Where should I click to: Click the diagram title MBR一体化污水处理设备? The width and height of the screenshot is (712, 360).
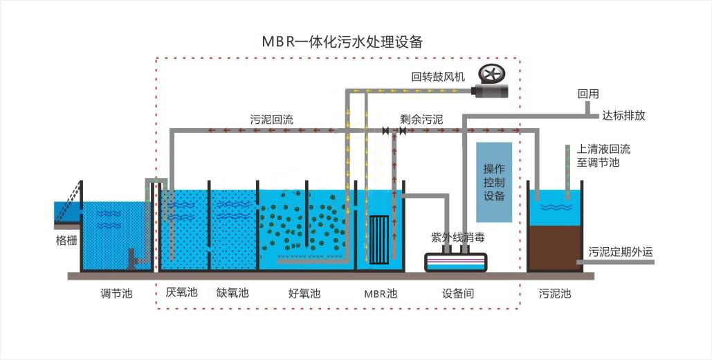point(343,42)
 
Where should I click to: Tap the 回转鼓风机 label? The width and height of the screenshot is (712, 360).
point(438,77)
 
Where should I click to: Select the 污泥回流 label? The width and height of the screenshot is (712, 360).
point(271,120)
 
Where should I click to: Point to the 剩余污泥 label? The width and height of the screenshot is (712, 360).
point(421,120)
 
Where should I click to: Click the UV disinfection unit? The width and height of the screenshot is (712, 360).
point(456,262)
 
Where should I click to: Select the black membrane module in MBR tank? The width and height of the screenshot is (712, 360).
point(378,240)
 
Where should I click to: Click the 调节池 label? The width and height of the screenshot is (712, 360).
point(116,294)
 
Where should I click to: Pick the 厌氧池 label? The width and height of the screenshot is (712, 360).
point(181,292)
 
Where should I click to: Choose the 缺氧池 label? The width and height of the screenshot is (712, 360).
point(233,292)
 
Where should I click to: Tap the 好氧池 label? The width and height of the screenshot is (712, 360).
point(304,294)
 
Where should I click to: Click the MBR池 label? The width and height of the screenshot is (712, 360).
point(381,294)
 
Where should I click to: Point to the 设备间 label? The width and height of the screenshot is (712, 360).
point(458,294)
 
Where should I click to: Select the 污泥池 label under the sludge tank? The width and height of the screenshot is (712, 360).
point(555,294)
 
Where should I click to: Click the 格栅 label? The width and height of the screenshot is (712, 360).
point(66,241)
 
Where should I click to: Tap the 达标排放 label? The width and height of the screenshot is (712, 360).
point(623,116)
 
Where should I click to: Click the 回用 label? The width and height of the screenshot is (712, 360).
point(588,94)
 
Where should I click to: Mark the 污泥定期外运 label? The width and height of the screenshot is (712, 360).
point(621,252)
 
